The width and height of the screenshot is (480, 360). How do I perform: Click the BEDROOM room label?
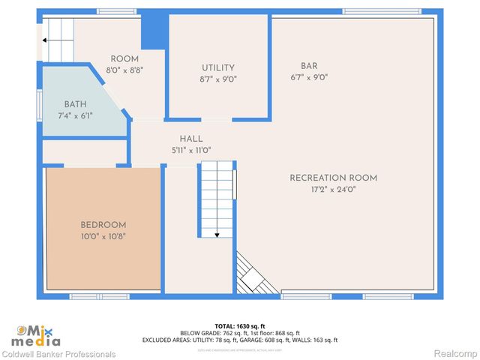(103, 225)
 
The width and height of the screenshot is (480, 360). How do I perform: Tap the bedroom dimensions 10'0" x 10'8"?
(103, 235)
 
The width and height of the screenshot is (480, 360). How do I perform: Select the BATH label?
(75, 104)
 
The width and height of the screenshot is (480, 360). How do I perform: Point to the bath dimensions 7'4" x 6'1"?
(75, 115)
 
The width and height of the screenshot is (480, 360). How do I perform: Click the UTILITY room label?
(217, 68)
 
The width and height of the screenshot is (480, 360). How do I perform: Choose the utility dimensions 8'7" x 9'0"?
(217, 79)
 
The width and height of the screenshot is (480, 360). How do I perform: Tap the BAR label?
(309, 66)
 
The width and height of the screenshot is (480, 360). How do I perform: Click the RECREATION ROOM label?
(333, 178)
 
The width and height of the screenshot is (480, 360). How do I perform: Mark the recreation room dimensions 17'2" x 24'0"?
(333, 189)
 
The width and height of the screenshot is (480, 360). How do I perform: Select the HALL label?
(191, 139)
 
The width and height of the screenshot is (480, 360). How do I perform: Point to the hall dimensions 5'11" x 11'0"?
(191, 150)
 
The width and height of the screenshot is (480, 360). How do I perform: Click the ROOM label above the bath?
(124, 58)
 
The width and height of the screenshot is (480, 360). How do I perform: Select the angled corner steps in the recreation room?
(253, 274)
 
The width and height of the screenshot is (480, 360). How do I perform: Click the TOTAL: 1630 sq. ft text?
(239, 326)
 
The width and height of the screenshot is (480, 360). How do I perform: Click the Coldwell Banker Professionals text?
(58, 354)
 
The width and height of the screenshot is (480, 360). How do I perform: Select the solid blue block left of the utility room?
(154, 30)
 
